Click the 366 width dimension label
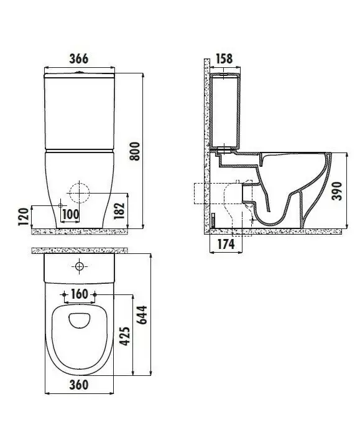coord(79,59)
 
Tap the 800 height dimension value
coord(135,151)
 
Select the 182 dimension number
coord(119,210)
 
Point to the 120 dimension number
coord(24,217)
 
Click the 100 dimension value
coord(71,215)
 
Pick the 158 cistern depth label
coord(224,59)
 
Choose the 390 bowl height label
coord(338,191)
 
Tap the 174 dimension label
coord(226,244)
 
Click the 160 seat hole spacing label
coord(80,294)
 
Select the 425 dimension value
coord(125,336)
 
